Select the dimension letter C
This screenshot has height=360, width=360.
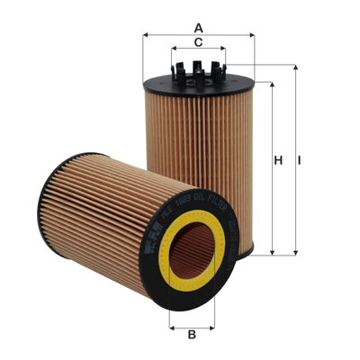[197, 42]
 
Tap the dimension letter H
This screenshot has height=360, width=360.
[279, 160]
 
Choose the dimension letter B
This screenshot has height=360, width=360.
[192, 336]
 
